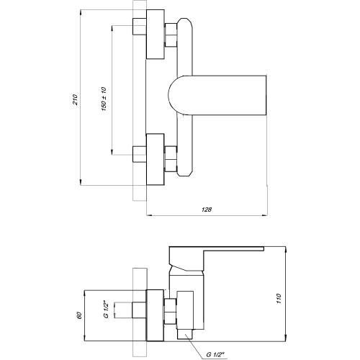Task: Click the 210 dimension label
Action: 76,99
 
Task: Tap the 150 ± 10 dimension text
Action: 104,99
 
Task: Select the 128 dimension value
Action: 207,210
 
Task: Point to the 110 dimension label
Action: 279,298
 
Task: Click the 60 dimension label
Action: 79,315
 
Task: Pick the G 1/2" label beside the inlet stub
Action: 107,309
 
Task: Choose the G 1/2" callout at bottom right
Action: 215,354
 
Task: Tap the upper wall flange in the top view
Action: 156,35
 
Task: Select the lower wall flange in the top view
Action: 156,160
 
